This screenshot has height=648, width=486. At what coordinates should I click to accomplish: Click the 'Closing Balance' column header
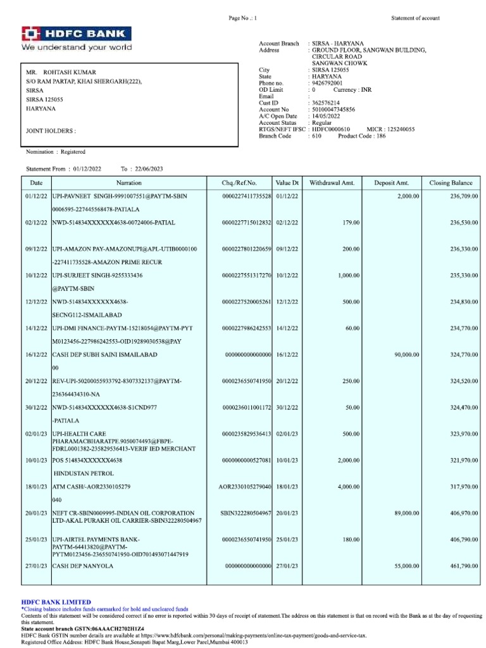[x=451, y=183]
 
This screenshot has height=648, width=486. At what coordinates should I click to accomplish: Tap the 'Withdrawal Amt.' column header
[x=332, y=183]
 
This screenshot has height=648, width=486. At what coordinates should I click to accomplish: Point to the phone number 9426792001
[x=327, y=83]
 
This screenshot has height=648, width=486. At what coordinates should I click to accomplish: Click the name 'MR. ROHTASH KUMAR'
[x=61, y=72]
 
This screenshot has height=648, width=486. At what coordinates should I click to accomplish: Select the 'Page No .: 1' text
[x=243, y=18]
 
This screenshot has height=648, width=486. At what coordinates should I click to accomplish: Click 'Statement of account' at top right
[x=415, y=18]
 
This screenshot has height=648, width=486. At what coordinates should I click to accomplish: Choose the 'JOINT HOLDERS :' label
[x=51, y=131]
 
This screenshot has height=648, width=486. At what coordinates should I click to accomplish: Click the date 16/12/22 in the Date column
[x=35, y=355]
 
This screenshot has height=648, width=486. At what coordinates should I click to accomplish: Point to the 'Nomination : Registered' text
[x=55, y=152]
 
